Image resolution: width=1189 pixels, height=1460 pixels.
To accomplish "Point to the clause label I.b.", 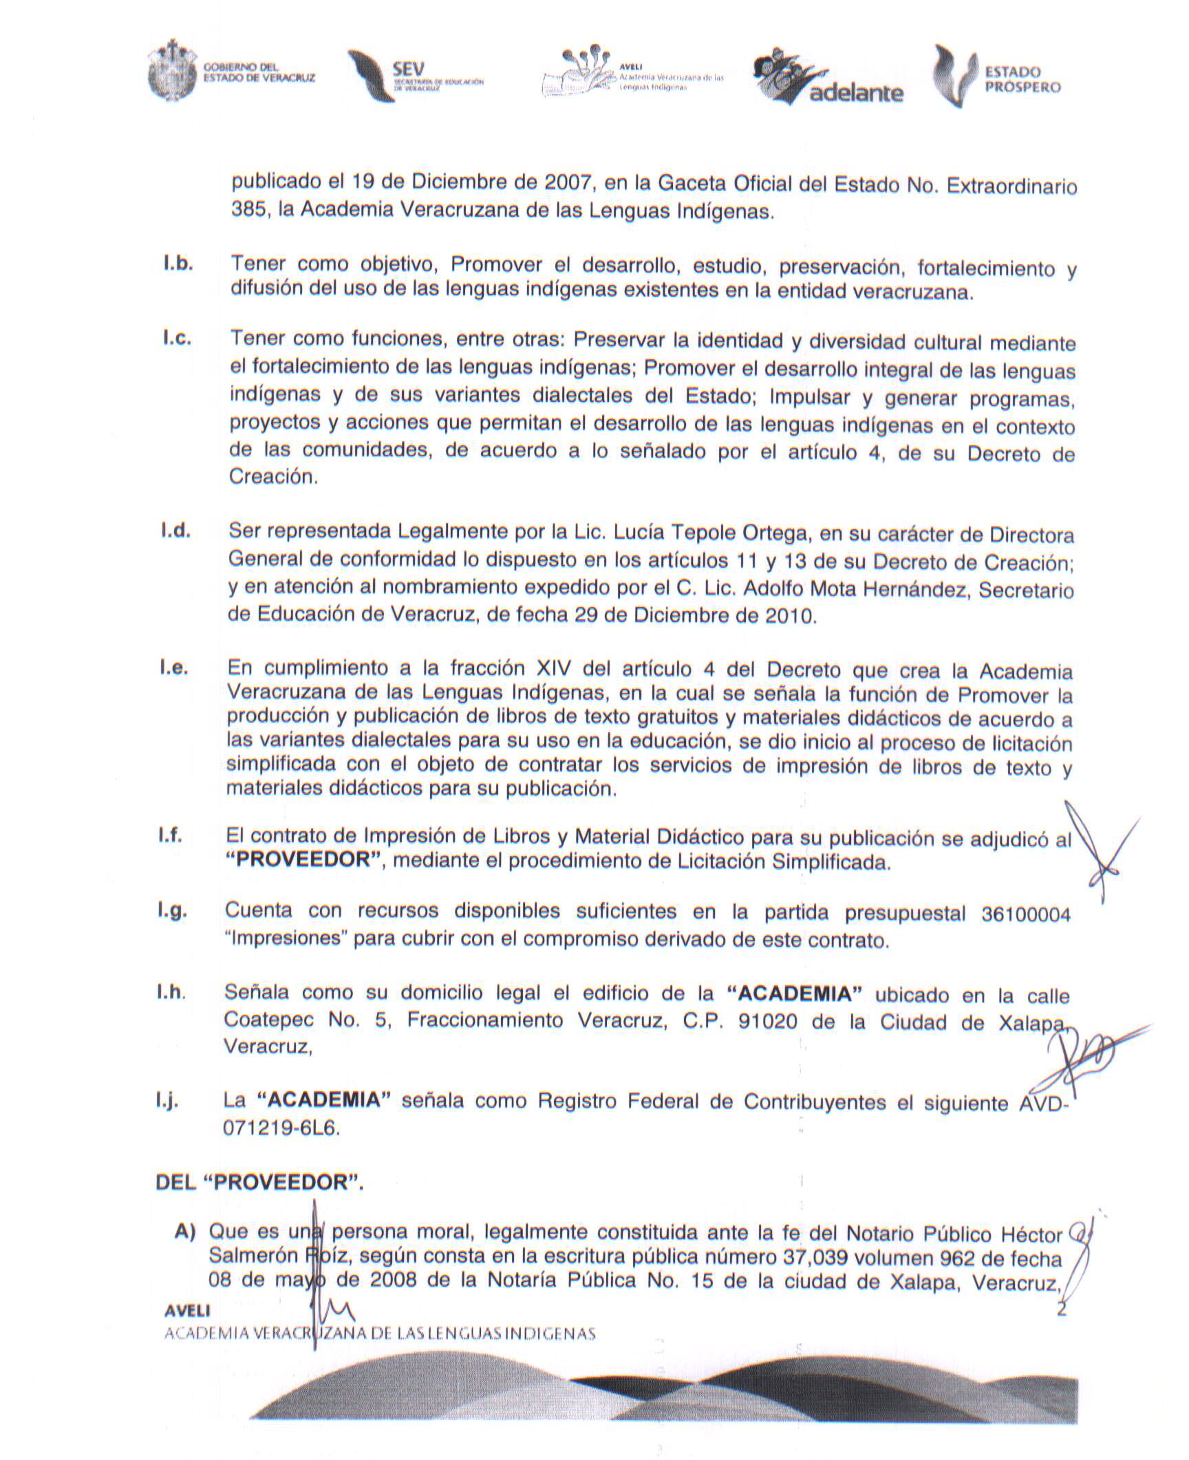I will coord(177,264).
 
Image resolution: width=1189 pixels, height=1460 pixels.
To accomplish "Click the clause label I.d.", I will coord(175,531).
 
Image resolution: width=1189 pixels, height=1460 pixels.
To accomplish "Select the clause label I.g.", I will coord(172,911).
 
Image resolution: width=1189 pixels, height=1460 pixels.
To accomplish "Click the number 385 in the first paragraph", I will coord(248,209).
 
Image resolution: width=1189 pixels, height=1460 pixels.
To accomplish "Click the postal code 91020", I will coord(767,1021).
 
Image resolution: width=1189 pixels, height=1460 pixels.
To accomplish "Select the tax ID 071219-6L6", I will coord(281,1129).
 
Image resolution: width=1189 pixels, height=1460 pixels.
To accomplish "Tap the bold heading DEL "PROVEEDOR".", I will coord(260,1182).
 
